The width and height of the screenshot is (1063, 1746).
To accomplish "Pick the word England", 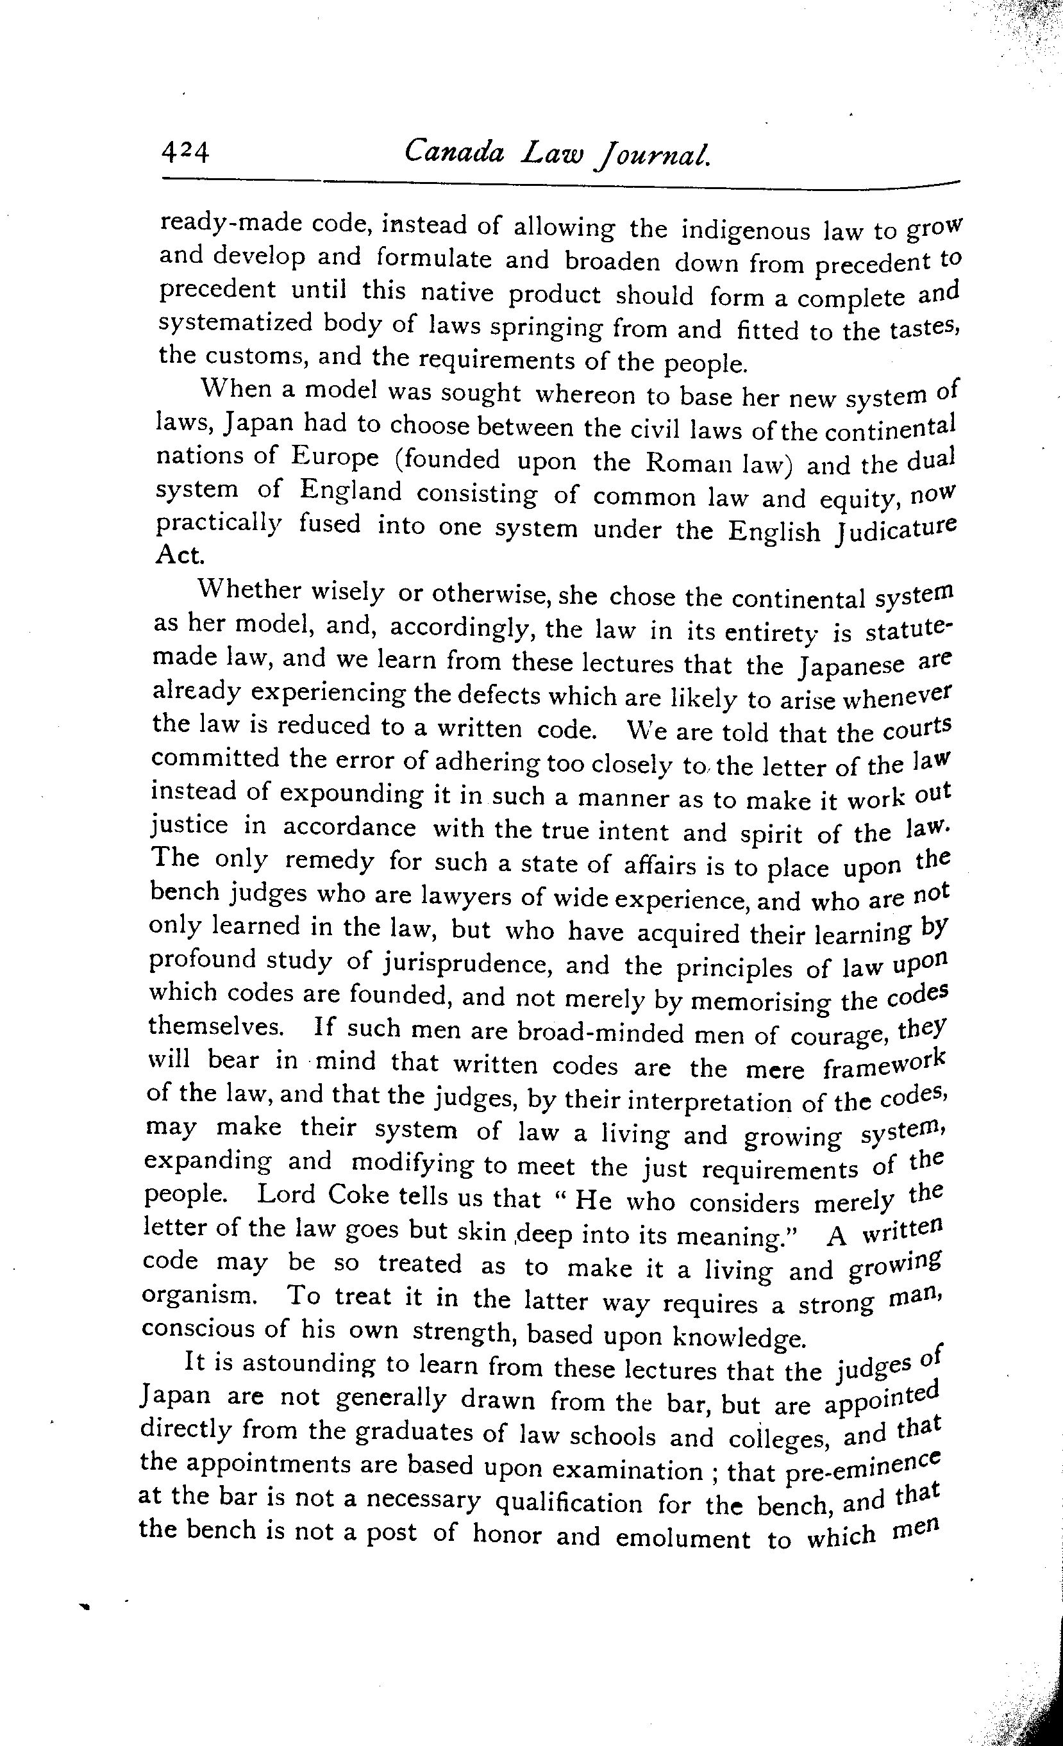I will [x=350, y=490].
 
